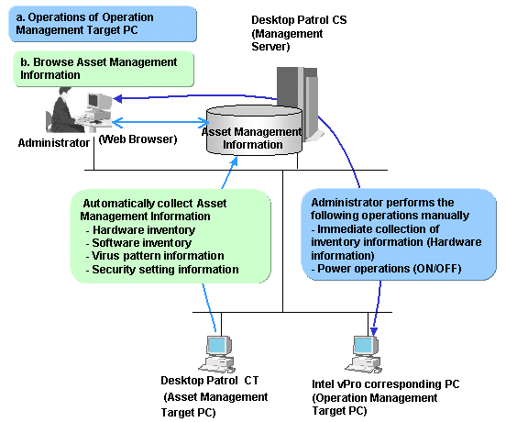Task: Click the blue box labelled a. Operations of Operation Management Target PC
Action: [103, 24]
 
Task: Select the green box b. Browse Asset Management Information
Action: [104, 69]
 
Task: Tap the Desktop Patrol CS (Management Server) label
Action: [299, 33]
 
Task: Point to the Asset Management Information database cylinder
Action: [254, 130]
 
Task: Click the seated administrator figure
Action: [67, 110]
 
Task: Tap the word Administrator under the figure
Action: [54, 143]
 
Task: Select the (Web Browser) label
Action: [137, 139]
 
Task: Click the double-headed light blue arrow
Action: [160, 122]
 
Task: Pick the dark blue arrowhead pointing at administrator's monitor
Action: [117, 98]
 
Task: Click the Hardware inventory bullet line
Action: [140, 230]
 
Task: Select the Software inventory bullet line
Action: [138, 243]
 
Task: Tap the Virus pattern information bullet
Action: [155, 256]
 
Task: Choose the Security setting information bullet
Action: [162, 270]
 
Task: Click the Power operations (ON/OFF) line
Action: [386, 269]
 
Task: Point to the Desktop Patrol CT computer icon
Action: [217, 354]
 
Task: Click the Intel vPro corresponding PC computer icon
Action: [364, 354]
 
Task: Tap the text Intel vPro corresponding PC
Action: [386, 384]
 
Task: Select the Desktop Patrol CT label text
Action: [210, 381]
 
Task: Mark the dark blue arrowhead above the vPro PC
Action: [374, 331]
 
